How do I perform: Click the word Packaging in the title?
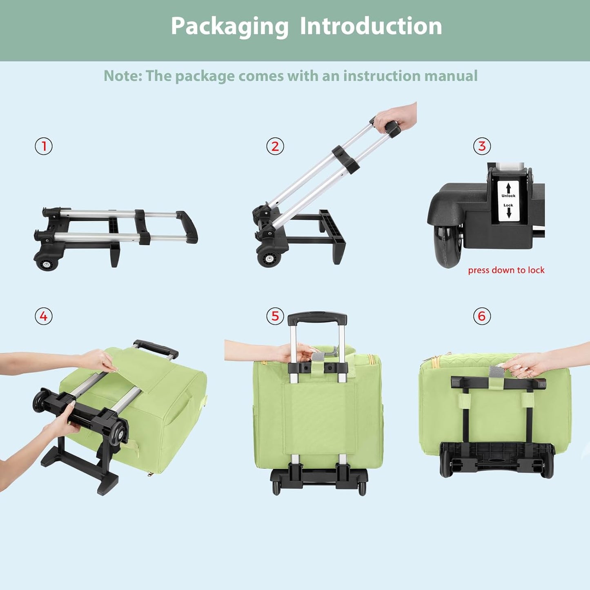(229, 27)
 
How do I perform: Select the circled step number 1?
(44, 146)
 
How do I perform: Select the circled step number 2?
(275, 146)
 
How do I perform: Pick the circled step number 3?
(482, 146)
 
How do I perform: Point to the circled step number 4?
(44, 316)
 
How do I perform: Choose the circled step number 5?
(275, 316)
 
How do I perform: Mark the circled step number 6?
(482, 316)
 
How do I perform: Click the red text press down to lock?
(506, 270)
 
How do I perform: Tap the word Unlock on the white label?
(508, 196)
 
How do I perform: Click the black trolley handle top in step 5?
(317, 317)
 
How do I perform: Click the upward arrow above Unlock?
(508, 188)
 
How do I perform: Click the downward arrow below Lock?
(508, 213)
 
